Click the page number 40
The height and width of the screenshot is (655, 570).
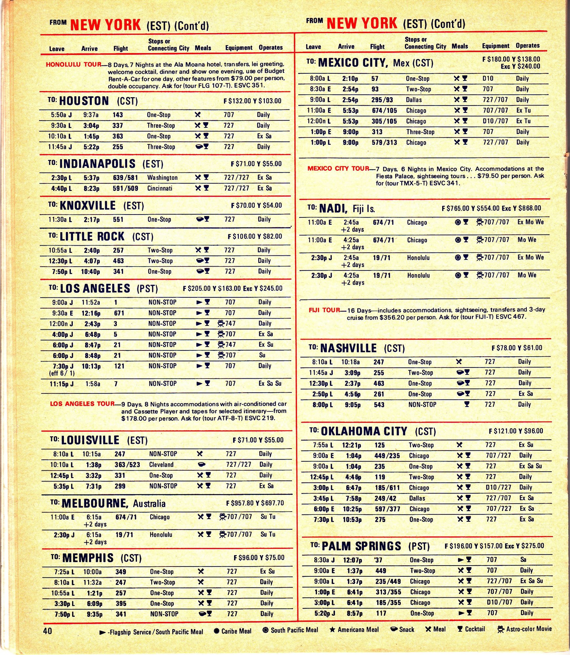pos(48,630)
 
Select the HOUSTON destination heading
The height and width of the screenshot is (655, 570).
pos(84,101)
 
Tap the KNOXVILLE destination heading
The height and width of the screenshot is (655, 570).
pos(88,205)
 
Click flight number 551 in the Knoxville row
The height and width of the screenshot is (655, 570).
pos(118,219)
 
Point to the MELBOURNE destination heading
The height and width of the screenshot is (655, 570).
pos(94,503)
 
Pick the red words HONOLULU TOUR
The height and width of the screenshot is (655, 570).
pos(73,65)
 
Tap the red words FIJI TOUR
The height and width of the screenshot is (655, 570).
pos(324,310)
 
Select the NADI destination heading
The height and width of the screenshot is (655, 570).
pos(333,208)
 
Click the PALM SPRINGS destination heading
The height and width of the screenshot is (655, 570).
pos(361,546)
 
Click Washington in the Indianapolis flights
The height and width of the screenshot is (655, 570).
pos(162,178)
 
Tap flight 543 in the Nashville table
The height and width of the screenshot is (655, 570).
pos(379,405)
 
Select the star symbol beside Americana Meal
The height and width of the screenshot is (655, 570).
pos(332,629)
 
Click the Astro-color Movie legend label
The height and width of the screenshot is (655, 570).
pos(528,629)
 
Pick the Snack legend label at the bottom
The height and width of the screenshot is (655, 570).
pos(406,629)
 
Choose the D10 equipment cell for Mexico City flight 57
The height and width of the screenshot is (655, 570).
pos(488,79)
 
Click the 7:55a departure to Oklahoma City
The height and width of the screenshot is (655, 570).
pos(323,445)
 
